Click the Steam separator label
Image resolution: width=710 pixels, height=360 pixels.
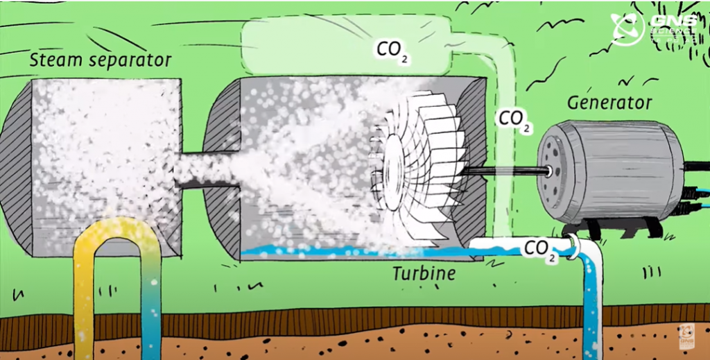click(100, 60)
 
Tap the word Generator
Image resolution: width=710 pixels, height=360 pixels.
click(609, 103)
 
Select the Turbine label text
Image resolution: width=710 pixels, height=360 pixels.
click(424, 273)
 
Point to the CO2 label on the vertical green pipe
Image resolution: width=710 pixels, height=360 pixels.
click(514, 119)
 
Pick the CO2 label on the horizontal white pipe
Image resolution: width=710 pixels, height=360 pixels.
click(540, 249)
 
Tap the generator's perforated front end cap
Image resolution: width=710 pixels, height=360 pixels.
click(552, 169)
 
